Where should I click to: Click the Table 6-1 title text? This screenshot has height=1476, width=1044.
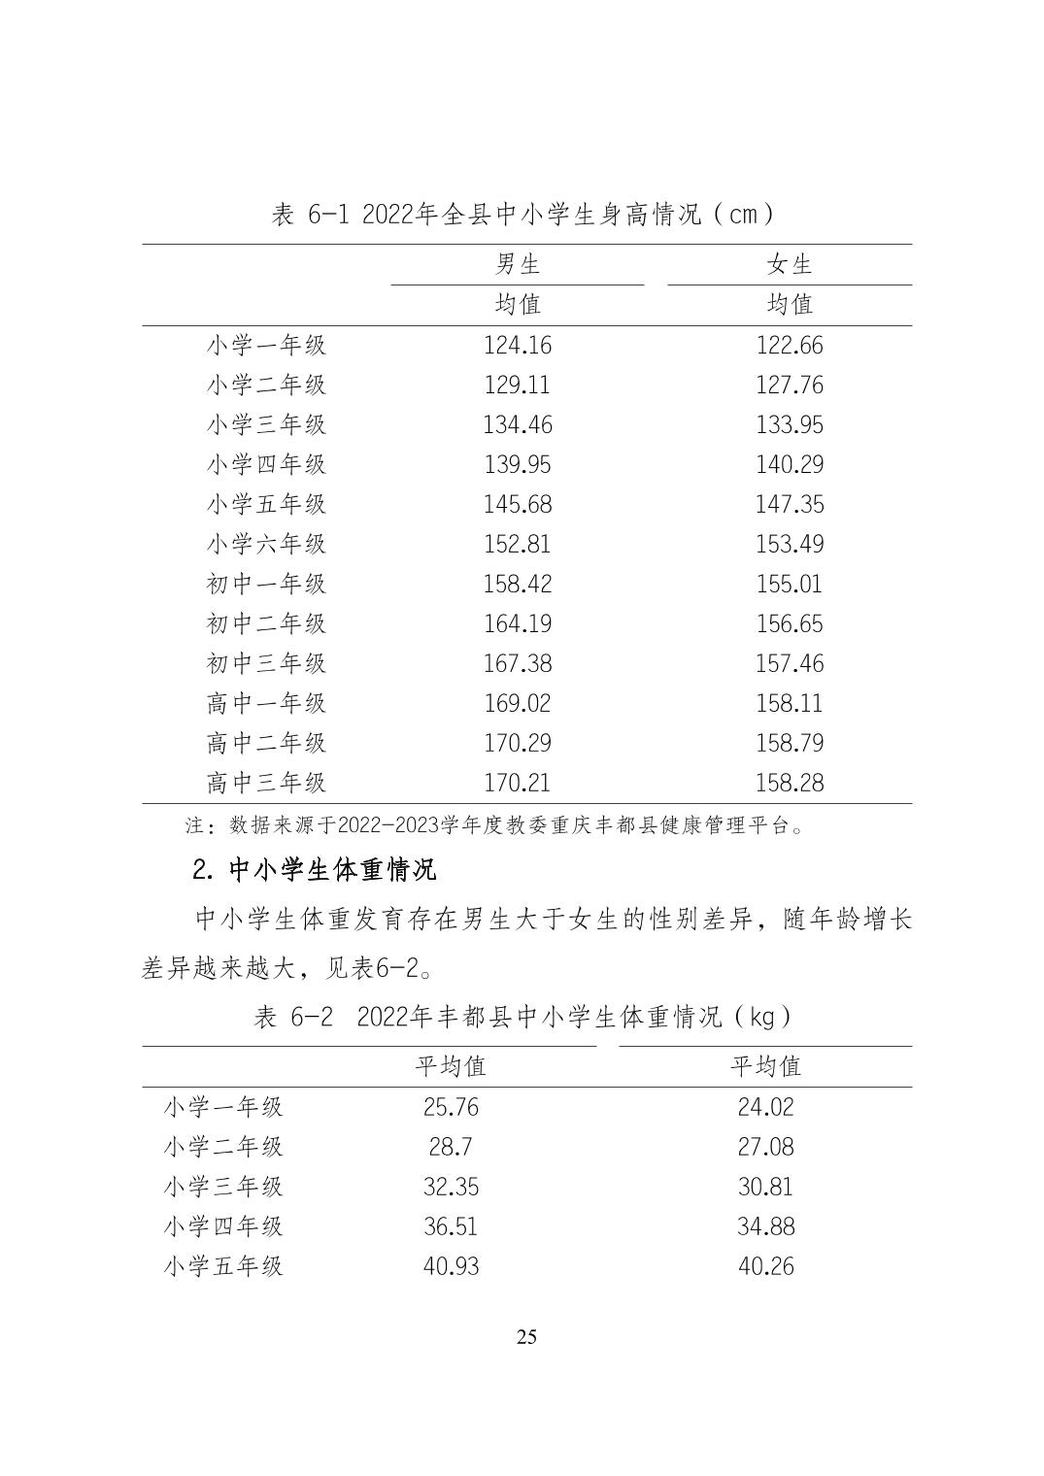click(x=523, y=215)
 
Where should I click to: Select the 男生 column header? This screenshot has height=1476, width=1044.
click(x=518, y=264)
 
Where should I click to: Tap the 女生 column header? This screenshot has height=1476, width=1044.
click(x=790, y=264)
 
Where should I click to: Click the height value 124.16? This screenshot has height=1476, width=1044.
click(x=518, y=345)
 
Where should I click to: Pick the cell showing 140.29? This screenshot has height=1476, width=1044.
click(x=790, y=464)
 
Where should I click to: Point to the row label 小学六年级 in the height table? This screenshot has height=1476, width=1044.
click(x=266, y=544)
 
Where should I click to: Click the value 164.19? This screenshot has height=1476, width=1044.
click(x=518, y=623)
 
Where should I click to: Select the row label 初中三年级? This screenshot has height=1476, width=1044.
click(x=266, y=663)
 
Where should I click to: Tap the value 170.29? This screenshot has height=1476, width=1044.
click(x=518, y=743)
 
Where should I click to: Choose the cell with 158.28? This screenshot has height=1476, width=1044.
click(x=790, y=783)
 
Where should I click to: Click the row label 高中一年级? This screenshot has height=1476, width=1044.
click(x=266, y=703)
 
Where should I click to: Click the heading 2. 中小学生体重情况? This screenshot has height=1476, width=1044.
click(x=315, y=869)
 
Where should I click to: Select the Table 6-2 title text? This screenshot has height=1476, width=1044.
click(x=523, y=1017)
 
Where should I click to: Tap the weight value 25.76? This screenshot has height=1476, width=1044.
click(x=451, y=1107)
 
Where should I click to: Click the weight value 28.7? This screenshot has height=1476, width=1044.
click(x=451, y=1147)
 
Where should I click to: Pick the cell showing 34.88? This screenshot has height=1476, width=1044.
click(x=765, y=1226)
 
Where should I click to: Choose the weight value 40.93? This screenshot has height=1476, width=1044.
click(x=451, y=1266)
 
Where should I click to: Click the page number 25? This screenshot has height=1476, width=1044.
click(x=526, y=1337)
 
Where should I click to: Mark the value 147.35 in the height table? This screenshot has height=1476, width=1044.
click(x=790, y=504)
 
